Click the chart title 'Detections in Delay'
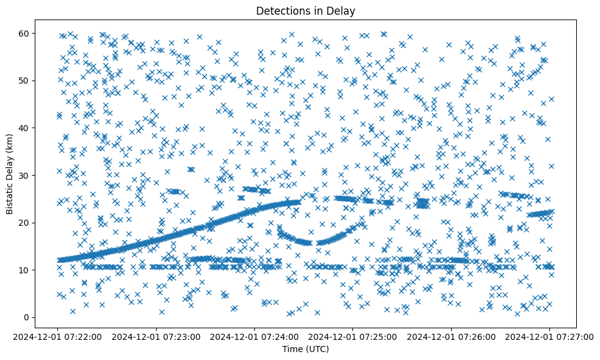(305, 11)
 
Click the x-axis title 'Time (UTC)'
(305, 349)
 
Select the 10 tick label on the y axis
(26, 270)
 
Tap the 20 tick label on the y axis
(26, 223)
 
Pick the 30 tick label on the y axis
(26, 175)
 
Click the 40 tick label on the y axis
(26, 128)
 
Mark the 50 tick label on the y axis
(26, 81)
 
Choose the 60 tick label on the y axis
(26, 33)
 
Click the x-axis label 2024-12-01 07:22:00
(58, 336)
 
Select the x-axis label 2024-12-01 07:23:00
(156, 336)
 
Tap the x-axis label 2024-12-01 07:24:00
(254, 336)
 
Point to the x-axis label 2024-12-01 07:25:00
(352, 336)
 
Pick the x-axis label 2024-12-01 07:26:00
(451, 336)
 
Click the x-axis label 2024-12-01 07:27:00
(549, 336)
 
